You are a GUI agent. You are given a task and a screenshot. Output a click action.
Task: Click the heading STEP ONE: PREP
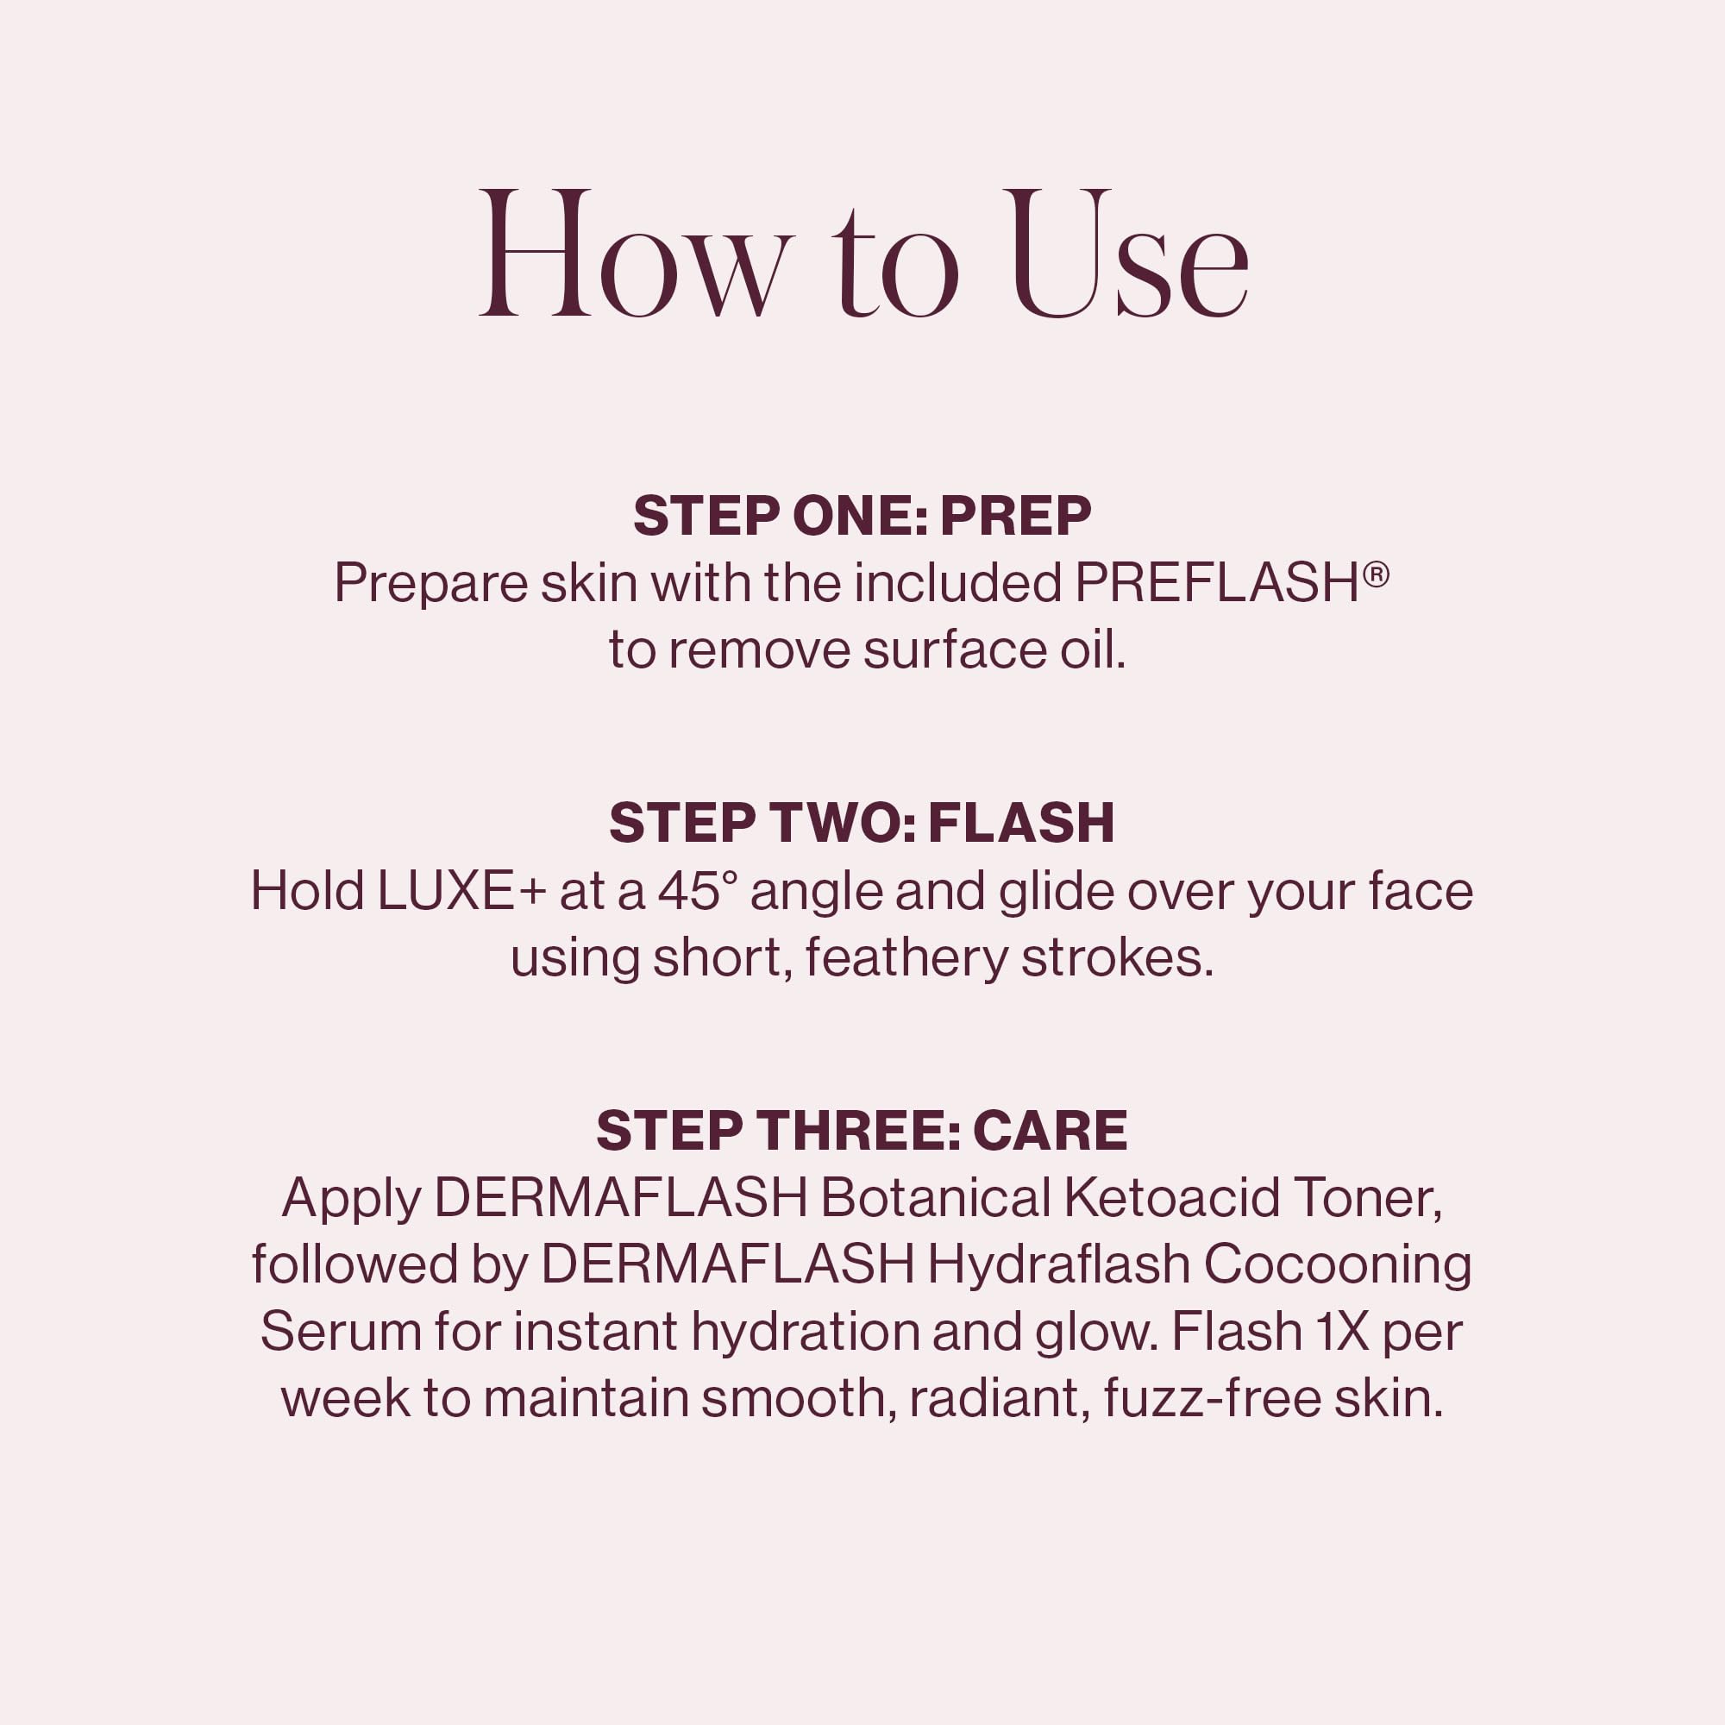(x=862, y=516)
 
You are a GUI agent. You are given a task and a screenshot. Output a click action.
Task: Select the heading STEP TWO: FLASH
(x=862, y=823)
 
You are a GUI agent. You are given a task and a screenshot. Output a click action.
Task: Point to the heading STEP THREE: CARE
(x=862, y=1131)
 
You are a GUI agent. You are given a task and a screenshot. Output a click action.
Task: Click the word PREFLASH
(x=1216, y=584)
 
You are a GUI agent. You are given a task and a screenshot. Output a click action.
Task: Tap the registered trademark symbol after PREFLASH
(x=1376, y=574)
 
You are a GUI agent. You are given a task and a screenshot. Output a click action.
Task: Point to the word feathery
(x=906, y=959)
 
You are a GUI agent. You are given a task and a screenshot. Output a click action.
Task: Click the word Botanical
(x=935, y=1198)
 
